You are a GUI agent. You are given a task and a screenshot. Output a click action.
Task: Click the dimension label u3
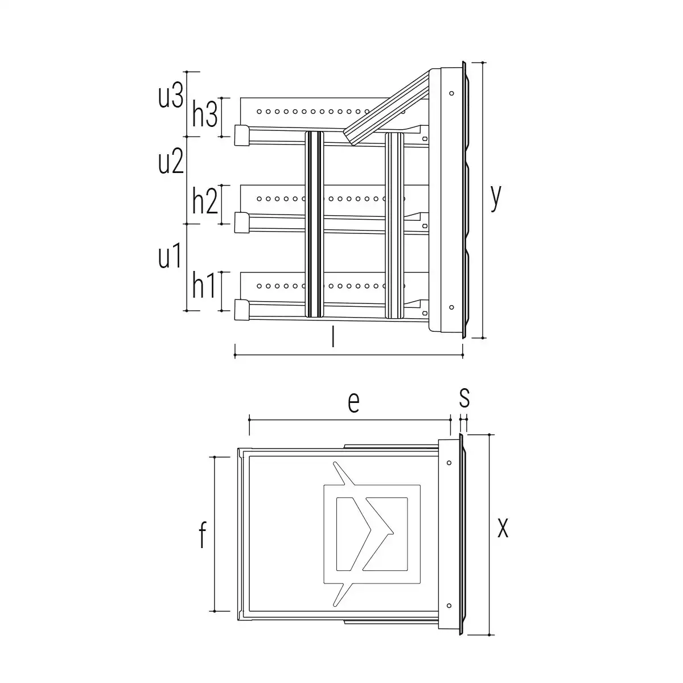(171, 96)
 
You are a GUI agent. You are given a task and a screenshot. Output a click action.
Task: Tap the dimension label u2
(171, 161)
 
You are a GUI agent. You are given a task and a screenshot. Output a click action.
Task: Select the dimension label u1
(170, 255)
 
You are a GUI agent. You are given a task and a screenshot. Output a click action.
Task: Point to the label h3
(204, 113)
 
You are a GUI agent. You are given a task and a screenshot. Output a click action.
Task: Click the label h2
(204, 200)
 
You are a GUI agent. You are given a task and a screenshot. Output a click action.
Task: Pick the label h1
(203, 285)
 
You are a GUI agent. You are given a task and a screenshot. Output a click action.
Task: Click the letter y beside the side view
(496, 197)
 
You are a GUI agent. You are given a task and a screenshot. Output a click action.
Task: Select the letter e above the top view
(353, 402)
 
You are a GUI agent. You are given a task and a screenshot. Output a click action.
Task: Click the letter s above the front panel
(464, 398)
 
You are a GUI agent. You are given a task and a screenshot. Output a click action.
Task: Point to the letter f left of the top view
(202, 534)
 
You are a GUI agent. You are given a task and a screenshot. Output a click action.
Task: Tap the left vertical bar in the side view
(314, 224)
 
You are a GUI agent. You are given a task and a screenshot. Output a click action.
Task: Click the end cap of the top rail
(242, 135)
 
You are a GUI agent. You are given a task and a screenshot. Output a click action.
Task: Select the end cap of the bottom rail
(242, 310)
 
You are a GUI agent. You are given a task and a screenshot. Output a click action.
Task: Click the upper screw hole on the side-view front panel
(451, 93)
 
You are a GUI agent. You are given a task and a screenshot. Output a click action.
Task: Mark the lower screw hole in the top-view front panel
(449, 606)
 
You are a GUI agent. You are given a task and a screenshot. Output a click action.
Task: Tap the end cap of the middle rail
(242, 223)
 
